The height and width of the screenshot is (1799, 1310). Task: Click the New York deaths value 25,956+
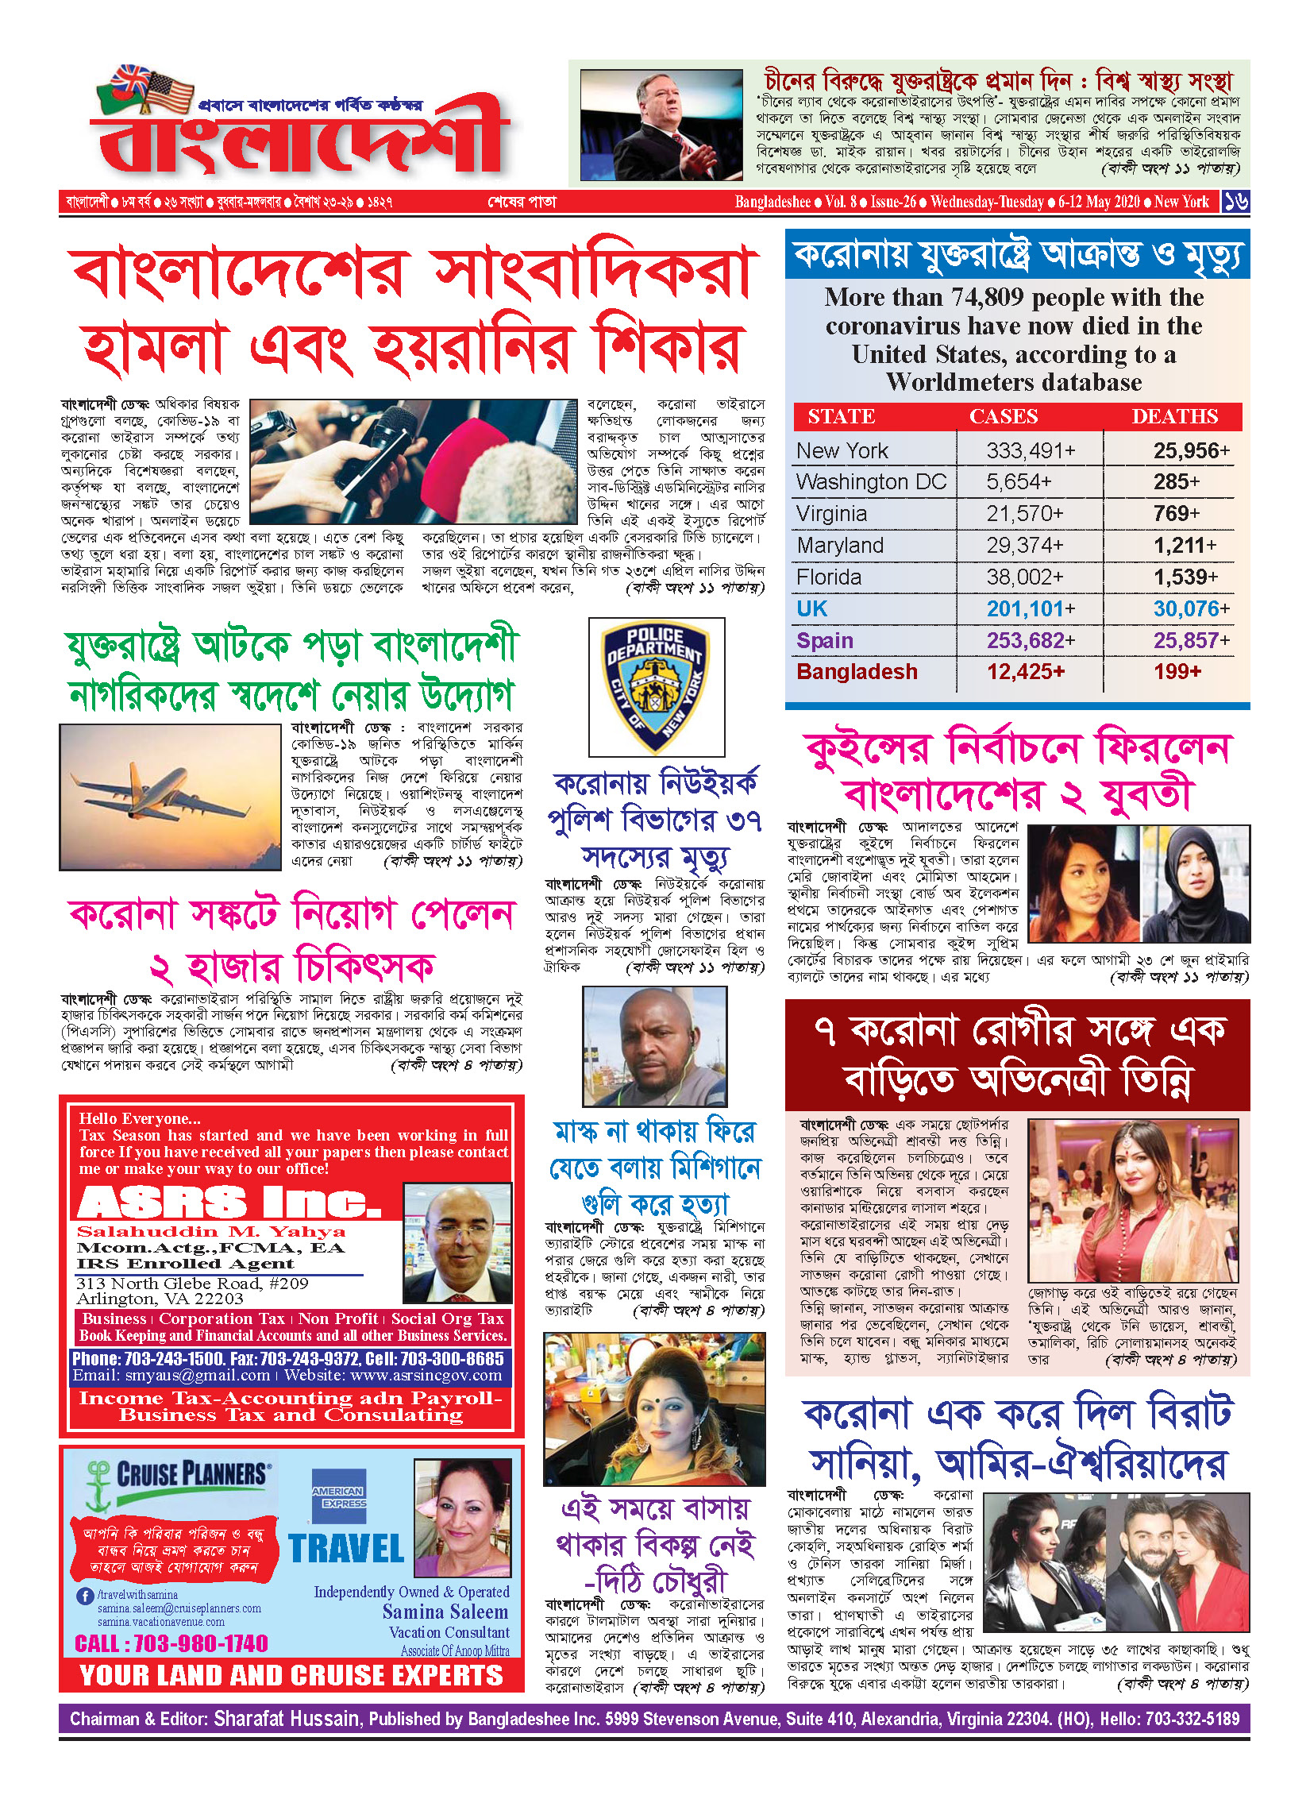(1191, 451)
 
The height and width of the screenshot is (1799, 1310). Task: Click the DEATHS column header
(1174, 417)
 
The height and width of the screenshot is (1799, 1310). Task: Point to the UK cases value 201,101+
(1031, 609)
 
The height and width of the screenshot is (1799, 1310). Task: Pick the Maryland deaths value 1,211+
(1184, 546)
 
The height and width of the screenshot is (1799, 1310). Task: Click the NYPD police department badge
(656, 687)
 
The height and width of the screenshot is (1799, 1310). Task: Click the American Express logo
(339, 1496)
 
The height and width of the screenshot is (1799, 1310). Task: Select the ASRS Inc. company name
(230, 1202)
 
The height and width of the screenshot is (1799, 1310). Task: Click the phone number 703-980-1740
(171, 1643)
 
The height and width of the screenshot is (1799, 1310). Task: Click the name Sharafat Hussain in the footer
(286, 1719)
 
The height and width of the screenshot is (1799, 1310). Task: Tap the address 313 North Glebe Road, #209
(192, 1284)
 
